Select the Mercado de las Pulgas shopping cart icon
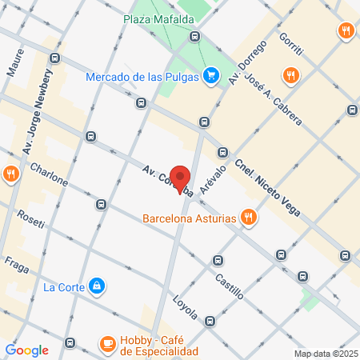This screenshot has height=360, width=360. click(211, 76)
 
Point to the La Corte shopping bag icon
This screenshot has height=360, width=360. click(97, 286)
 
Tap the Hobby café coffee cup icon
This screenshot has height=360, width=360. click(106, 344)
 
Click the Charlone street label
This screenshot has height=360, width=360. click(49, 175)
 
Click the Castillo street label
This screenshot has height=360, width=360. click(230, 286)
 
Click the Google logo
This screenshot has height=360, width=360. click(26, 350)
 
